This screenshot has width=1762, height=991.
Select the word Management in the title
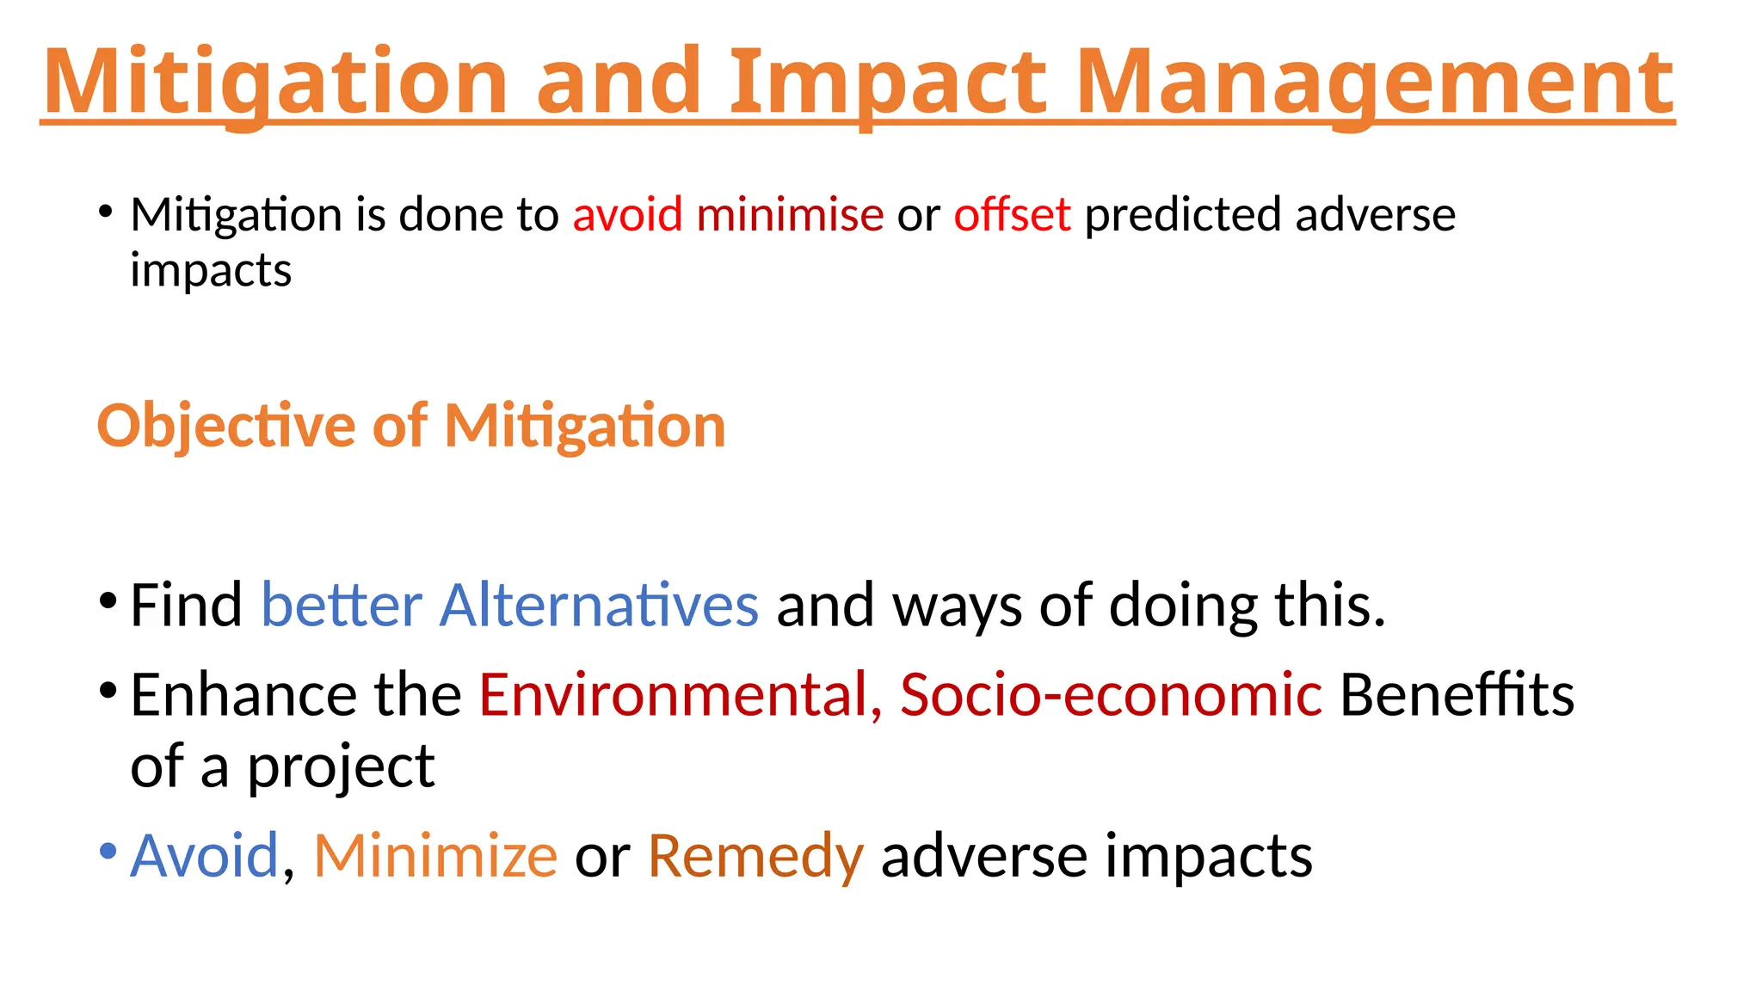pyautogui.click(x=1374, y=82)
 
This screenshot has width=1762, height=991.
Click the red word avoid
pyautogui.click(x=627, y=214)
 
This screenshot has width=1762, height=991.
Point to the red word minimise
pyautogui.click(x=790, y=214)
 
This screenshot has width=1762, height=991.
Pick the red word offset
pyautogui.click(x=1012, y=214)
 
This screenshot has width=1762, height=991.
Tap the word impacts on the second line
pyautogui.click(x=211, y=271)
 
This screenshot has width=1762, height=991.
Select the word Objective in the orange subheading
pyautogui.click(x=225, y=426)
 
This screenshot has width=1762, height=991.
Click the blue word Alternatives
pyautogui.click(x=599, y=605)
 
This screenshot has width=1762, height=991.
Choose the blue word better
pyautogui.click(x=341, y=605)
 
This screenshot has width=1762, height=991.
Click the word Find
pyautogui.click(x=186, y=605)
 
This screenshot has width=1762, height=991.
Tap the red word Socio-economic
pyautogui.click(x=1111, y=694)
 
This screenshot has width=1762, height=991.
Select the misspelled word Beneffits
pyautogui.click(x=1457, y=694)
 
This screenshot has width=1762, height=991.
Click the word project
pyautogui.click(x=341, y=767)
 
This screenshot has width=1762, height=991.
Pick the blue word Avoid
pyautogui.click(x=204, y=856)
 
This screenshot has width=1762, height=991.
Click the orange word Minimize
pyautogui.click(x=435, y=856)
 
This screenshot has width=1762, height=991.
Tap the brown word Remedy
pyautogui.click(x=755, y=856)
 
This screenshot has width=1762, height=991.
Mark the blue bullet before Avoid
pyautogui.click(x=108, y=852)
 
